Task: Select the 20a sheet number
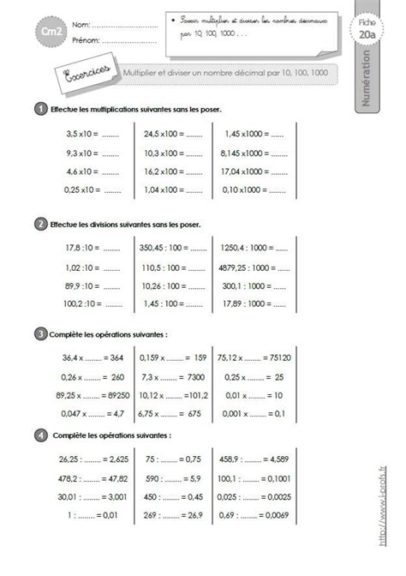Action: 369,34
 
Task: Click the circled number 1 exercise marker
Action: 40,109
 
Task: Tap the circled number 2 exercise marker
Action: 40,225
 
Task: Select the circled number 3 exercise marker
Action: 40,333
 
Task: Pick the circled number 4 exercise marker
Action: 40,436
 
